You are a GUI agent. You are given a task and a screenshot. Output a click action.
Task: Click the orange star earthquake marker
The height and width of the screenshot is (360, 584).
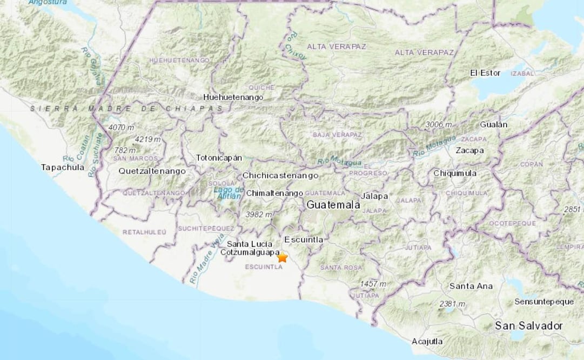(282, 258)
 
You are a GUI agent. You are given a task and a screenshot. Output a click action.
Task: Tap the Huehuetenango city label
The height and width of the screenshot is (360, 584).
(233, 97)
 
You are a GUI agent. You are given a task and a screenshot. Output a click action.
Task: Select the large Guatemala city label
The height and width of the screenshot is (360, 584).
(333, 205)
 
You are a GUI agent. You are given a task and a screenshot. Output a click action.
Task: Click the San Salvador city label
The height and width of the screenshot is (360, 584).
(529, 326)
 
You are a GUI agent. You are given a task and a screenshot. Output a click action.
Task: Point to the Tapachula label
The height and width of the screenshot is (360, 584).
(63, 168)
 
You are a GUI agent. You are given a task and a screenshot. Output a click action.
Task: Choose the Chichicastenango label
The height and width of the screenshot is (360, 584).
(280, 176)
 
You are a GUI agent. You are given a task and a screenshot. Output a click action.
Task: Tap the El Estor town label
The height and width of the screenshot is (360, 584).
(485, 73)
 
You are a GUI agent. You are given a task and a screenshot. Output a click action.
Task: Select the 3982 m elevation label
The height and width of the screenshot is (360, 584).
(259, 215)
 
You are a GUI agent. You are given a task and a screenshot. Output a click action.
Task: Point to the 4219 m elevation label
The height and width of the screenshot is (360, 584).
(148, 139)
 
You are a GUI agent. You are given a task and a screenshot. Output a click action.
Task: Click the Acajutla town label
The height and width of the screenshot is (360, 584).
(427, 341)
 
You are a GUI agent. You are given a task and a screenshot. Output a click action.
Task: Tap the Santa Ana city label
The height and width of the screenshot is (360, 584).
(470, 285)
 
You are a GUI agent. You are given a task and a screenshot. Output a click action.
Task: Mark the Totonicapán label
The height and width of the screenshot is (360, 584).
(219, 158)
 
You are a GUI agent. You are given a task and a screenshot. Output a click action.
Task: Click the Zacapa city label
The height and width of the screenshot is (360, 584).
(469, 151)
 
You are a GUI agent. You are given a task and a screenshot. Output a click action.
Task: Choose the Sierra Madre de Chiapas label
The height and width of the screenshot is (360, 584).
(126, 109)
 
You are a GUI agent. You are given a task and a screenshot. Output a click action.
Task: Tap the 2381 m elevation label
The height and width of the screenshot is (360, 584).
(452, 304)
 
